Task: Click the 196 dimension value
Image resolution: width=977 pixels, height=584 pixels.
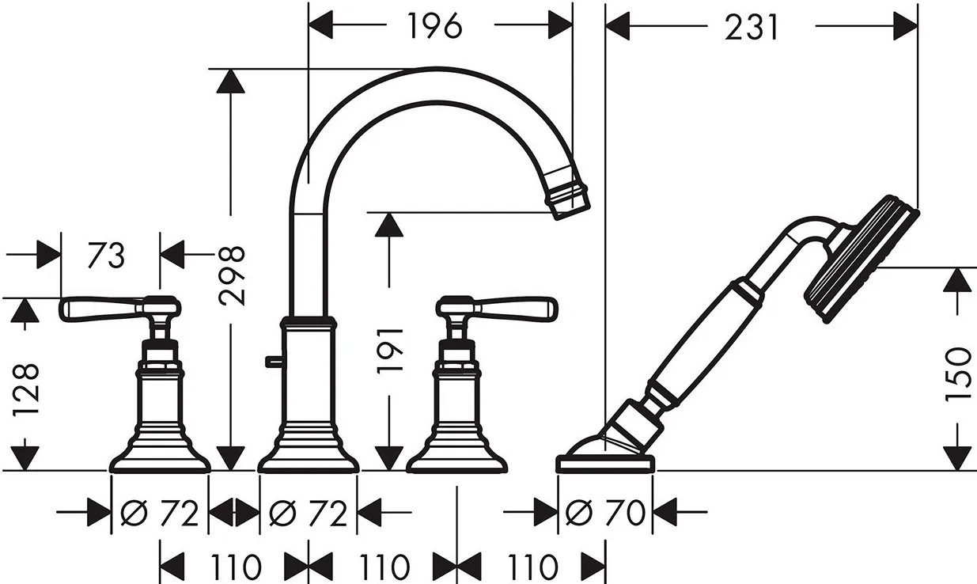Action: pyautogui.click(x=434, y=26)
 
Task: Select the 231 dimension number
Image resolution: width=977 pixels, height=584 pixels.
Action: pyautogui.click(x=751, y=27)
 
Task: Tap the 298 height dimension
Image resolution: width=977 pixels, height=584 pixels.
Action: pyautogui.click(x=232, y=275)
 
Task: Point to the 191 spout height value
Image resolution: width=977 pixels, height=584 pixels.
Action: pyautogui.click(x=390, y=351)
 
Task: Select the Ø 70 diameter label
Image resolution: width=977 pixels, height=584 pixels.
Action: pyautogui.click(x=605, y=513)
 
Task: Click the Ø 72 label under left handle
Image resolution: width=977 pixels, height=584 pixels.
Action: pyautogui.click(x=160, y=514)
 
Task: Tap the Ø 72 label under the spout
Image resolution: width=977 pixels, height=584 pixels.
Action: pyautogui.click(x=308, y=514)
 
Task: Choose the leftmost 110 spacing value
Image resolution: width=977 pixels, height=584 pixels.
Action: pyautogui.click(x=236, y=566)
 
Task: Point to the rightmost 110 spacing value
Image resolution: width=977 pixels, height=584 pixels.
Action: pyautogui.click(x=532, y=566)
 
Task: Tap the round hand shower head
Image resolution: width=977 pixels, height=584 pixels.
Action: pyautogui.click(x=862, y=260)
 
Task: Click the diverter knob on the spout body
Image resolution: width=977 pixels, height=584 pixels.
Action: pyautogui.click(x=274, y=361)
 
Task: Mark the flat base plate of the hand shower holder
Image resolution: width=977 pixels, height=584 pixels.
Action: pyautogui.click(x=605, y=463)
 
